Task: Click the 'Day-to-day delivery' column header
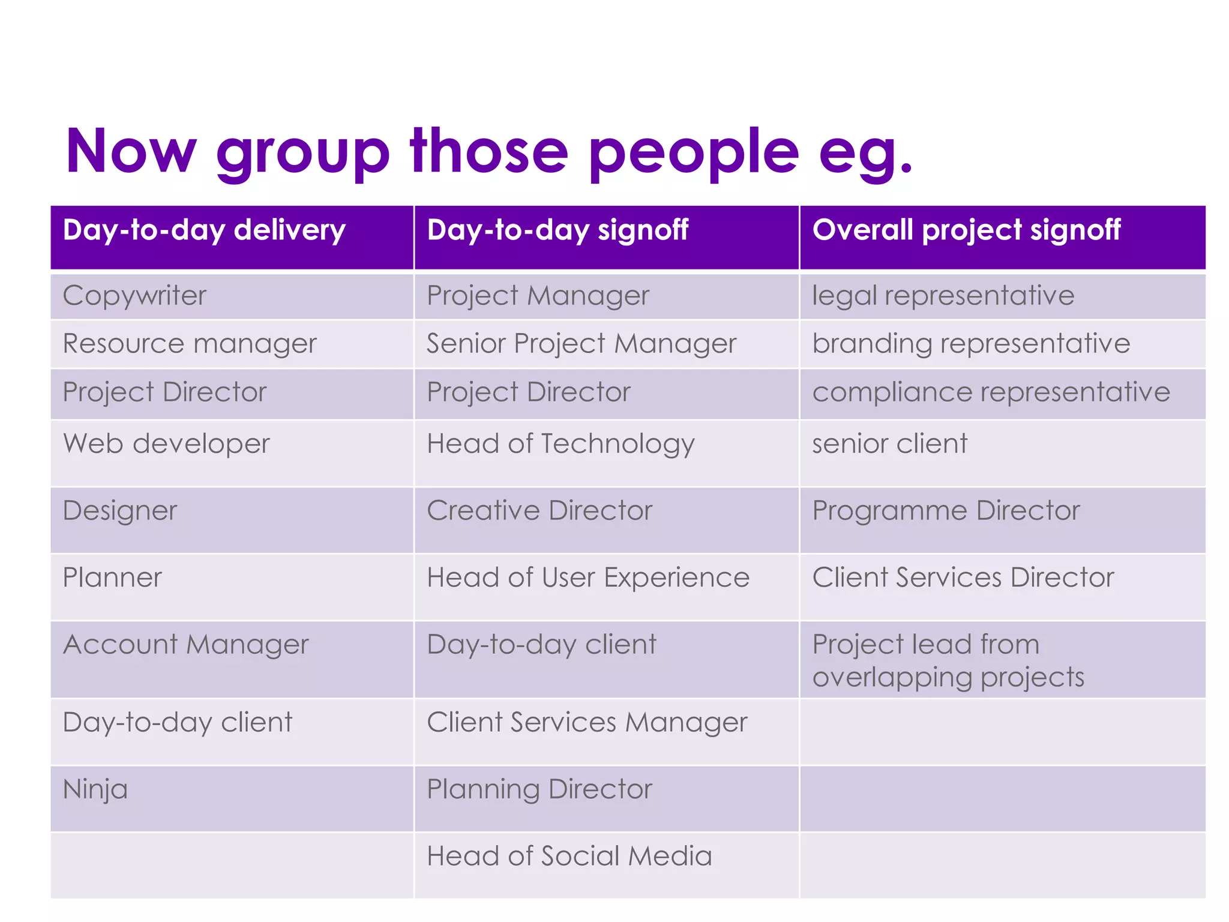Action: click(x=204, y=230)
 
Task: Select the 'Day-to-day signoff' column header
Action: click(x=557, y=230)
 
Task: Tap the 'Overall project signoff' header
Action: click(x=966, y=230)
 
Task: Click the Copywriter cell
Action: click(x=134, y=296)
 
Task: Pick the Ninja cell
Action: click(x=95, y=789)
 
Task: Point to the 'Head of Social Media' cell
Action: click(x=569, y=856)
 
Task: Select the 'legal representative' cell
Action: click(x=943, y=296)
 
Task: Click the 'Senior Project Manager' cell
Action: click(x=581, y=344)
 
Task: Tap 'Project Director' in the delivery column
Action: click(x=164, y=393)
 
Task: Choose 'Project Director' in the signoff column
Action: click(x=528, y=393)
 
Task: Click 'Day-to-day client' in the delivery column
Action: click(x=177, y=722)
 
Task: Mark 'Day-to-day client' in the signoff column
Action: click(x=541, y=645)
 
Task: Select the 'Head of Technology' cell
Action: click(x=560, y=444)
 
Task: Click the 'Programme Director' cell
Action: click(x=946, y=511)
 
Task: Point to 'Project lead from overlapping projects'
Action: click(x=948, y=660)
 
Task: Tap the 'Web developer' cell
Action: click(x=166, y=444)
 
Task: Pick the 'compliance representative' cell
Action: click(x=991, y=393)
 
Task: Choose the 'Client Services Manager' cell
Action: click(x=586, y=722)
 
